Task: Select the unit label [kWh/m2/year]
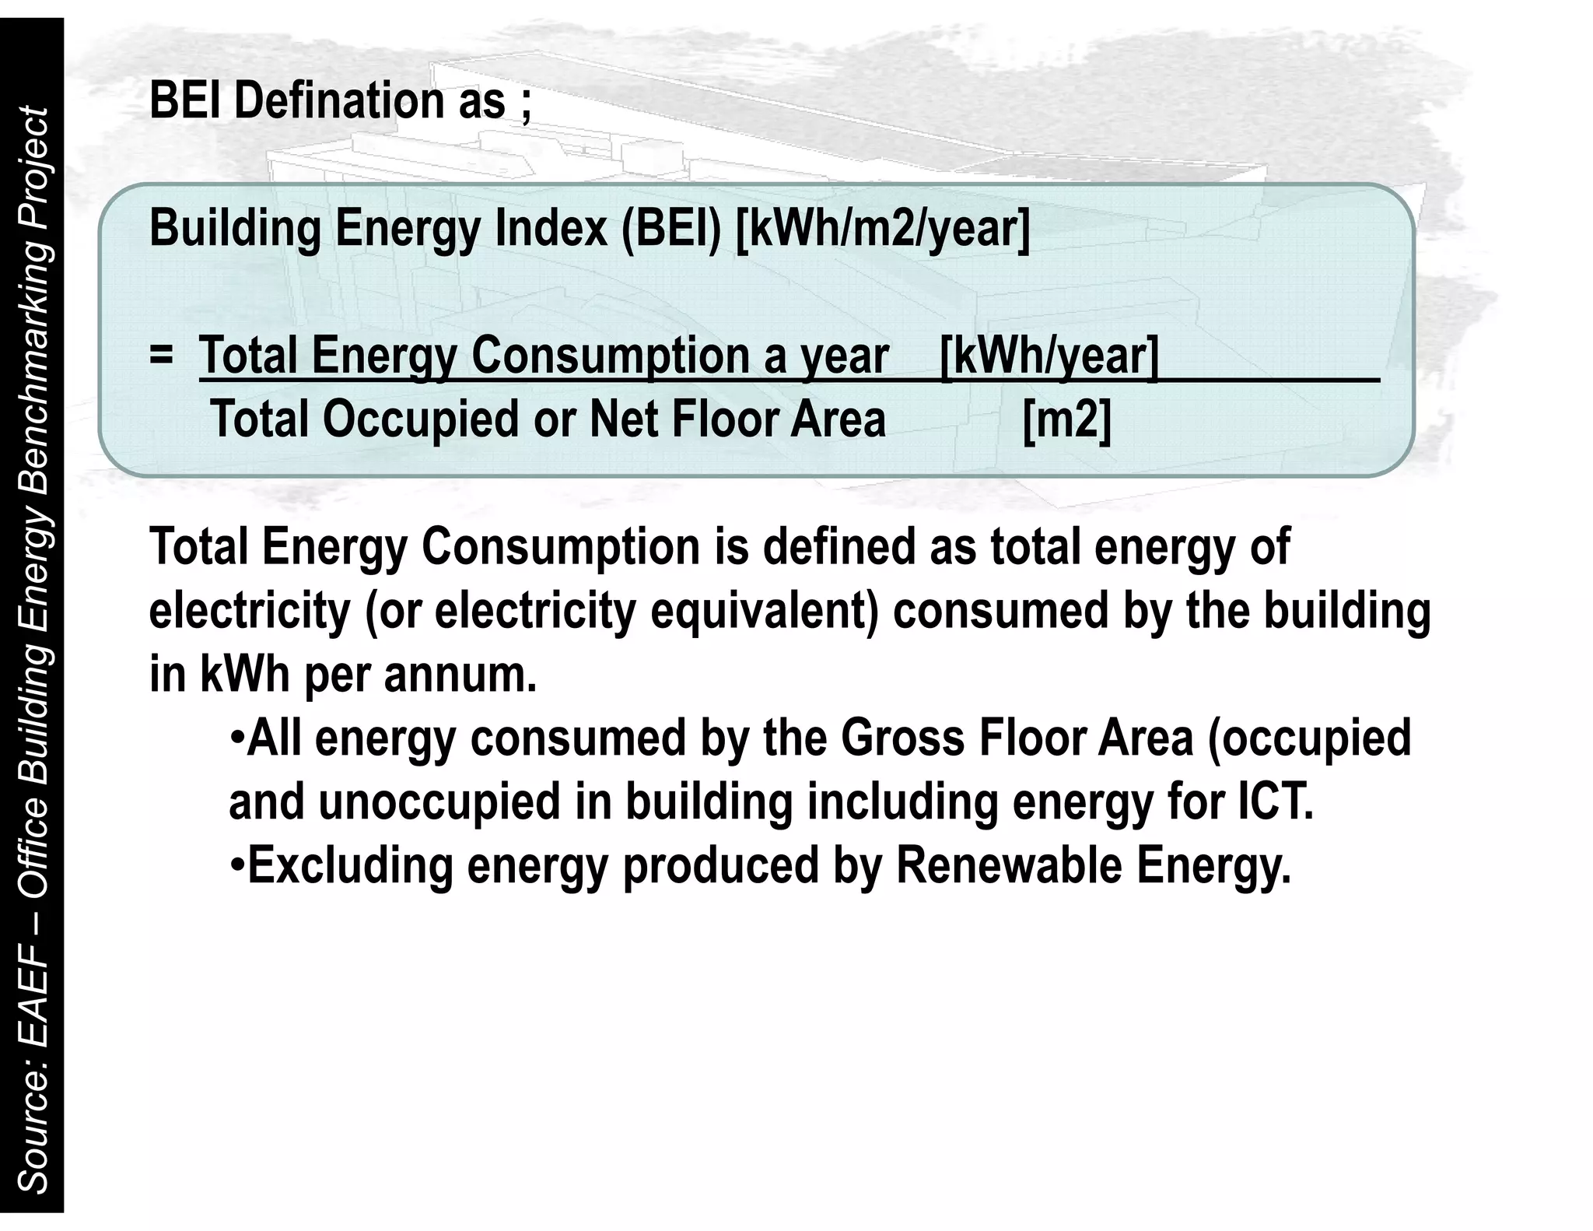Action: tap(882, 229)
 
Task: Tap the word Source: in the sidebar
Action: tap(33, 1135)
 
